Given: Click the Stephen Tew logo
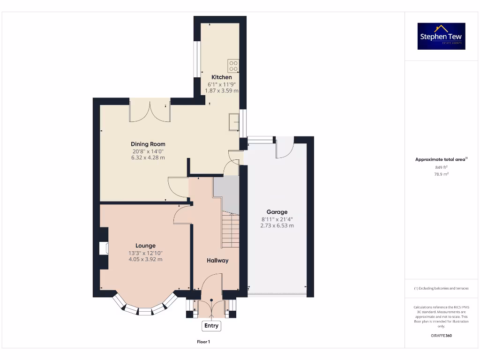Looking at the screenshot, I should click(441, 36).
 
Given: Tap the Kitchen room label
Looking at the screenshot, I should click(221, 77).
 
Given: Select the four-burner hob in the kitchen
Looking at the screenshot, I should click(233, 66).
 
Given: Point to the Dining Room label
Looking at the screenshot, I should click(148, 144).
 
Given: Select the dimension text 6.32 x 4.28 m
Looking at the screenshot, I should click(148, 158).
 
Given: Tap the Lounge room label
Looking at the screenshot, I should click(145, 246).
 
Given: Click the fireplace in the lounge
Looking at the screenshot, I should click(104, 248).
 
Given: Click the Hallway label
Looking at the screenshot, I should click(217, 261).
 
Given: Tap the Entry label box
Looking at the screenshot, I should click(211, 326).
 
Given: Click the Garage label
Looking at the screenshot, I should click(277, 212).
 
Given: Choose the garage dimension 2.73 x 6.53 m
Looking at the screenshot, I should click(277, 225).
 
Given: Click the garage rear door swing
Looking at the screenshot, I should click(284, 148).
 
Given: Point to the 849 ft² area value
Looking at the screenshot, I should click(441, 167).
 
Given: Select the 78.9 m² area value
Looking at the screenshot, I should click(441, 174).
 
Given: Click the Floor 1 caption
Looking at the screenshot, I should click(203, 342).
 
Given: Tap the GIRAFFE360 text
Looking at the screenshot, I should click(441, 336).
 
